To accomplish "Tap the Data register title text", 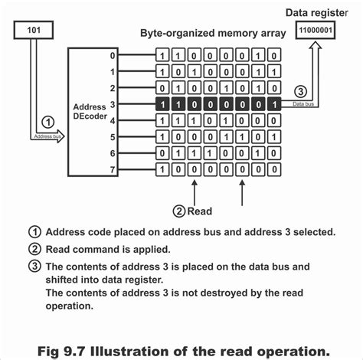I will [x=320, y=12].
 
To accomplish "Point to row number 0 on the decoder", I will [x=112, y=55].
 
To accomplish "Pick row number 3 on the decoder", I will [x=112, y=104].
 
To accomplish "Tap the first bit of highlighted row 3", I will [x=162, y=104].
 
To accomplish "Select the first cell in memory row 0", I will [x=162, y=55].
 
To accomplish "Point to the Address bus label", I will [x=47, y=136].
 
